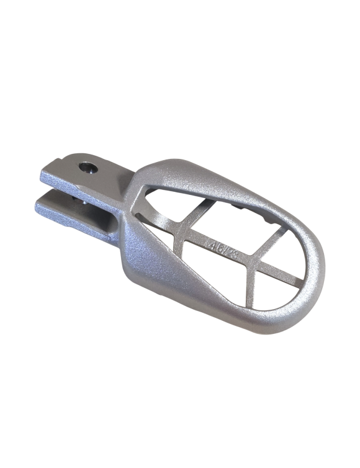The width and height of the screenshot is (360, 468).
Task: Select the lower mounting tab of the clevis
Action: click(68, 211)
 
